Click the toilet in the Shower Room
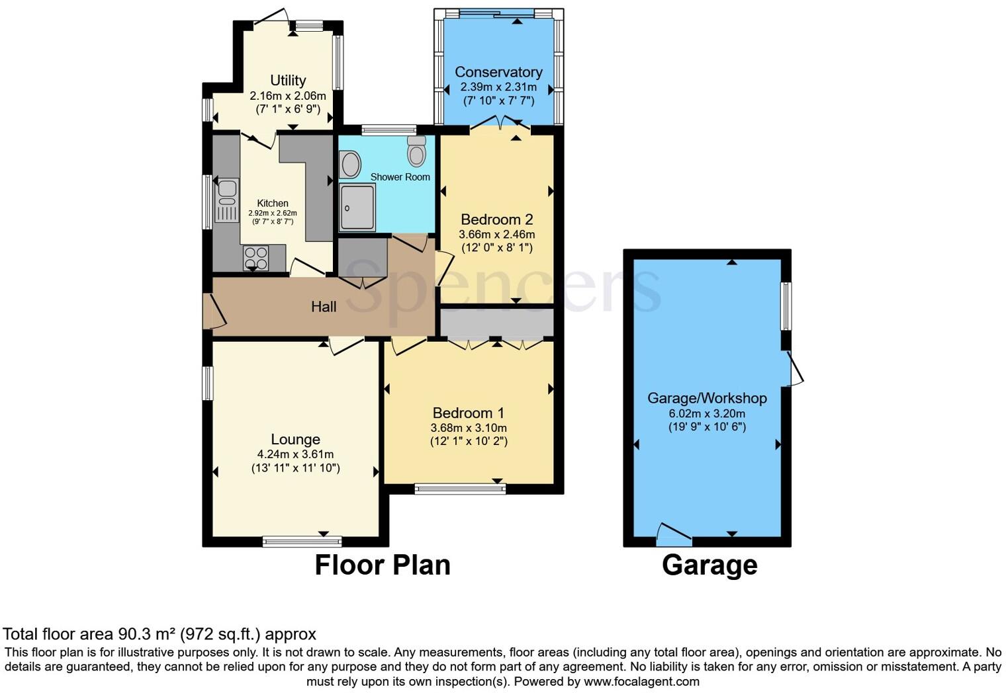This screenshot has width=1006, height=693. point(416,152)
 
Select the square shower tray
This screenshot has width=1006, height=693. point(357,207)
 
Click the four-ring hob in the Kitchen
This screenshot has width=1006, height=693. point(256,258)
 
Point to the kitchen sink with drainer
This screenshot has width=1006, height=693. point(226,200)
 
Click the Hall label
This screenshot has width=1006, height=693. point(324,307)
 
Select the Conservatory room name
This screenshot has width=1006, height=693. point(498,72)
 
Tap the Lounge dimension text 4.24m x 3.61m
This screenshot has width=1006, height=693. point(295,454)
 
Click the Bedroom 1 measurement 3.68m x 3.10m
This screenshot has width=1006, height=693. point(469,428)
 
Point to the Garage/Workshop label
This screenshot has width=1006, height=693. point(707,398)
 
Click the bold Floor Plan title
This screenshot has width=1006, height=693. point(382,565)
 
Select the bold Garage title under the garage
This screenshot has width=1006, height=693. point(709,565)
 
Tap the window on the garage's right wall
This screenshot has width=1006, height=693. point(786,306)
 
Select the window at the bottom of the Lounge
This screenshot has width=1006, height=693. point(302,542)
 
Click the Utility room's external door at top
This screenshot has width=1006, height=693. point(271,18)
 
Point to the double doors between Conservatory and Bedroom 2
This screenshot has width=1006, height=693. point(500,124)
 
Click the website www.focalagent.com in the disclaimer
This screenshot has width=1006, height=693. point(641,681)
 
